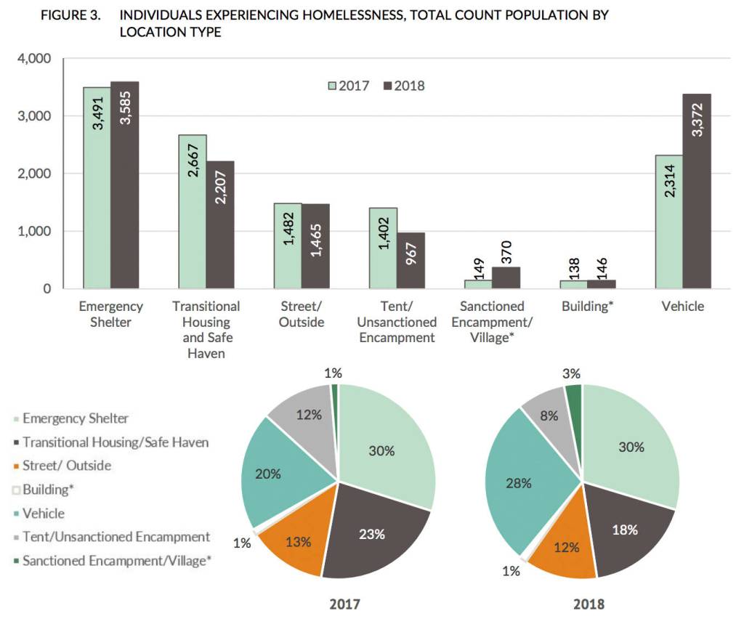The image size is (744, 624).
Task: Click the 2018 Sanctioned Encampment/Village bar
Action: [x=506, y=278]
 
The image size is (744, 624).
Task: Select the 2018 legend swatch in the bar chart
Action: [x=388, y=86]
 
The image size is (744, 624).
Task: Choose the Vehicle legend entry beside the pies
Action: [x=44, y=514]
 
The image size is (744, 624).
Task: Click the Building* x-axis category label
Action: [x=588, y=307]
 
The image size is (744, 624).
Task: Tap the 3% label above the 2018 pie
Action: [x=571, y=373]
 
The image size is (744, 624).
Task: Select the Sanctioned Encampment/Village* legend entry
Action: [x=116, y=561]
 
